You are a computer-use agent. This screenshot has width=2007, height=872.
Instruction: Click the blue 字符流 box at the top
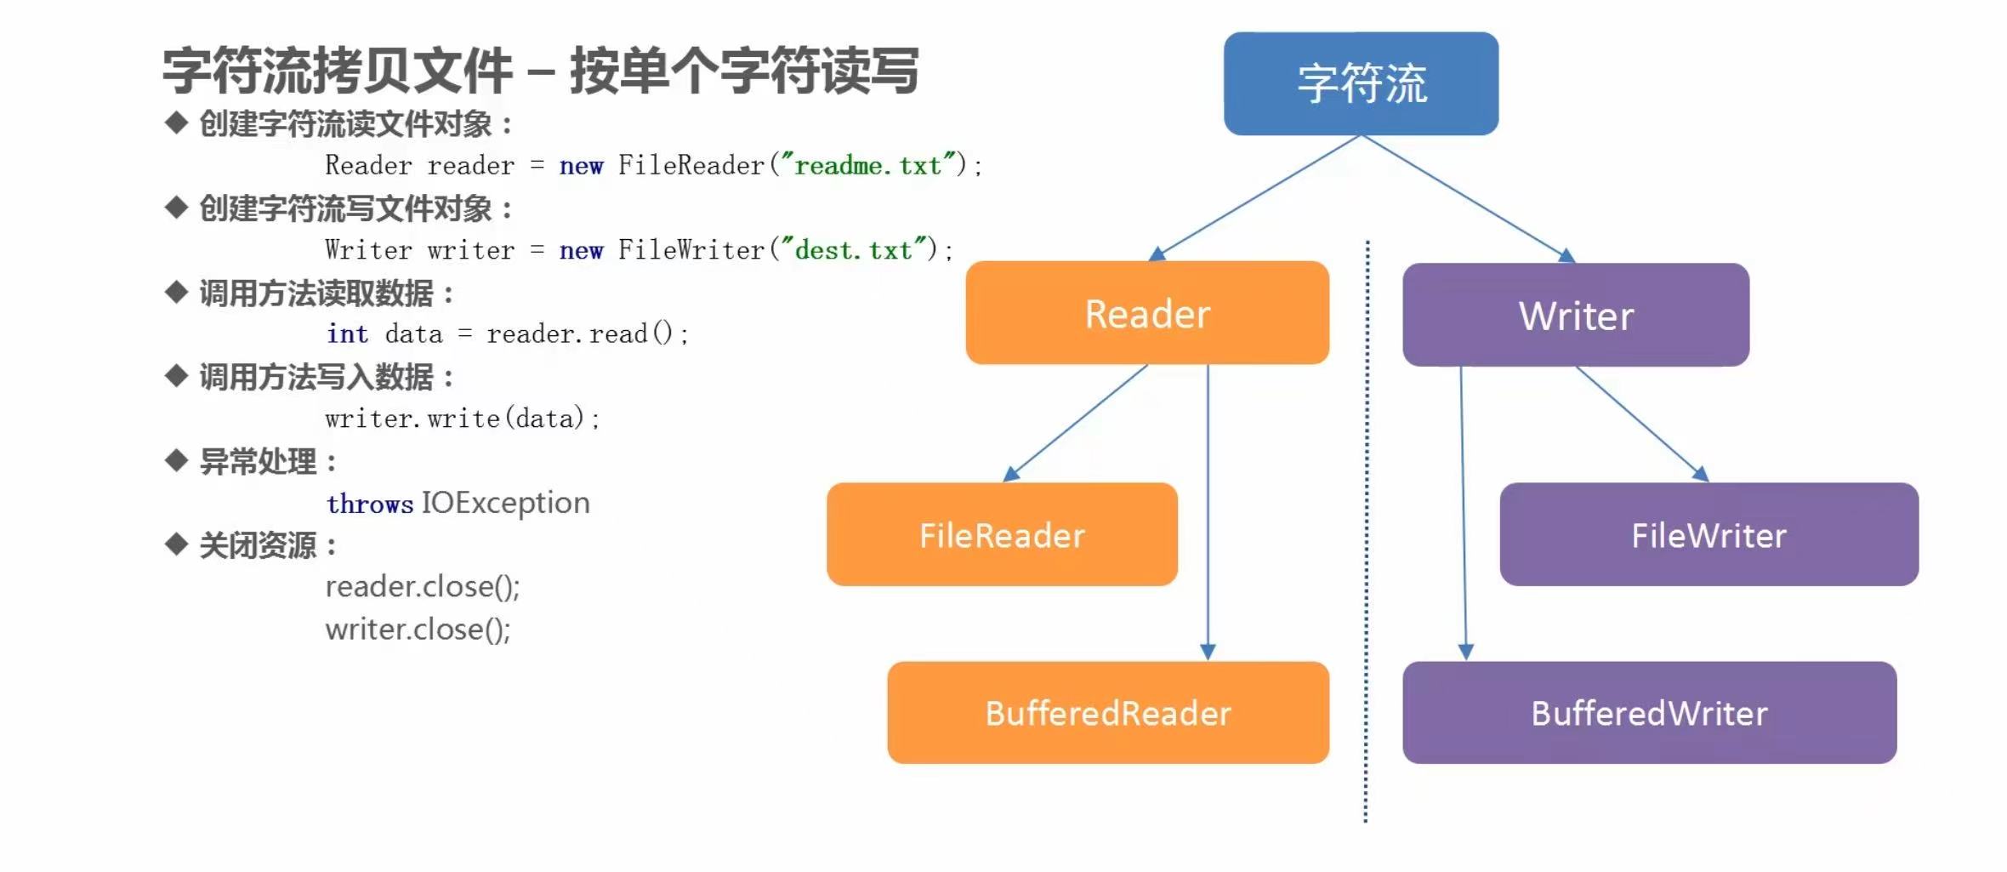pos(1361,83)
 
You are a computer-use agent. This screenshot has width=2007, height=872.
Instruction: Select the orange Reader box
pos(1147,313)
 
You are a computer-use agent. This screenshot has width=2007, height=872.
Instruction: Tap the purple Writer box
pos(1576,315)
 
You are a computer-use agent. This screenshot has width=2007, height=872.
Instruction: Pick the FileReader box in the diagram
pos(1002,534)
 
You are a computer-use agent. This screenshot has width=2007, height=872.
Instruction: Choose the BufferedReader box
pos(1108,713)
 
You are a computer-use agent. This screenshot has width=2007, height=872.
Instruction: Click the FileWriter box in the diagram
pos(1709,534)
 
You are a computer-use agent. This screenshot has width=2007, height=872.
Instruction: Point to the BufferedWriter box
pos(1650,713)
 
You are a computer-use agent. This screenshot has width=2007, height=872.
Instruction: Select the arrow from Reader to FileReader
pos(1076,423)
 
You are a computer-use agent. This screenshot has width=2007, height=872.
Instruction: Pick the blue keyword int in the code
pos(348,333)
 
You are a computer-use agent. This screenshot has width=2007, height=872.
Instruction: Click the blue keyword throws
pos(370,504)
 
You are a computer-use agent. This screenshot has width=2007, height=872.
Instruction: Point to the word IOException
pos(506,503)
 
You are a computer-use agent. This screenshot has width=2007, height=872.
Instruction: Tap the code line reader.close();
pos(423,587)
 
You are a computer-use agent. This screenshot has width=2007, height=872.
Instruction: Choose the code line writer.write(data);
pos(463,419)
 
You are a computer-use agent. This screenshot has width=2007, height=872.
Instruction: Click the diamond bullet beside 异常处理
pos(176,461)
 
